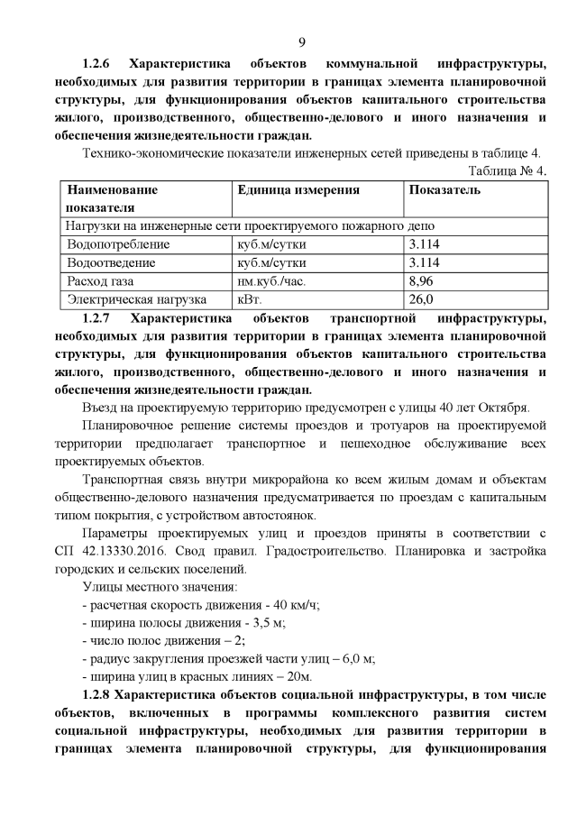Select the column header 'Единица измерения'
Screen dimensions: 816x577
(298, 190)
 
